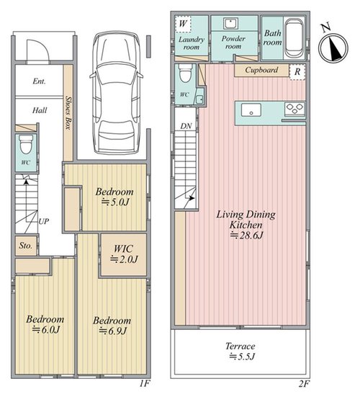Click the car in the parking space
(x=117, y=93)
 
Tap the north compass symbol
(x=333, y=47)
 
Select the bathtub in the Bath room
(x=294, y=38)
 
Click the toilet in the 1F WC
(x=27, y=144)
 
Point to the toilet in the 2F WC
(x=185, y=73)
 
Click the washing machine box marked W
(x=183, y=24)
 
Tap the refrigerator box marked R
(x=297, y=72)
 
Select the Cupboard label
(x=261, y=70)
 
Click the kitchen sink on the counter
(x=251, y=110)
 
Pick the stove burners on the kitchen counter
(x=294, y=109)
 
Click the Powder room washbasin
(x=230, y=24)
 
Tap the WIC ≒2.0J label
(x=124, y=254)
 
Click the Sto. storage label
(x=26, y=246)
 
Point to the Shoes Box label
(x=68, y=112)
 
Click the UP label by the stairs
(x=43, y=221)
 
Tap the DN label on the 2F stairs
(x=186, y=126)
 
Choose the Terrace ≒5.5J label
(x=240, y=352)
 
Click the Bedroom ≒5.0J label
(x=114, y=197)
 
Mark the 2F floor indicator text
(x=305, y=384)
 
